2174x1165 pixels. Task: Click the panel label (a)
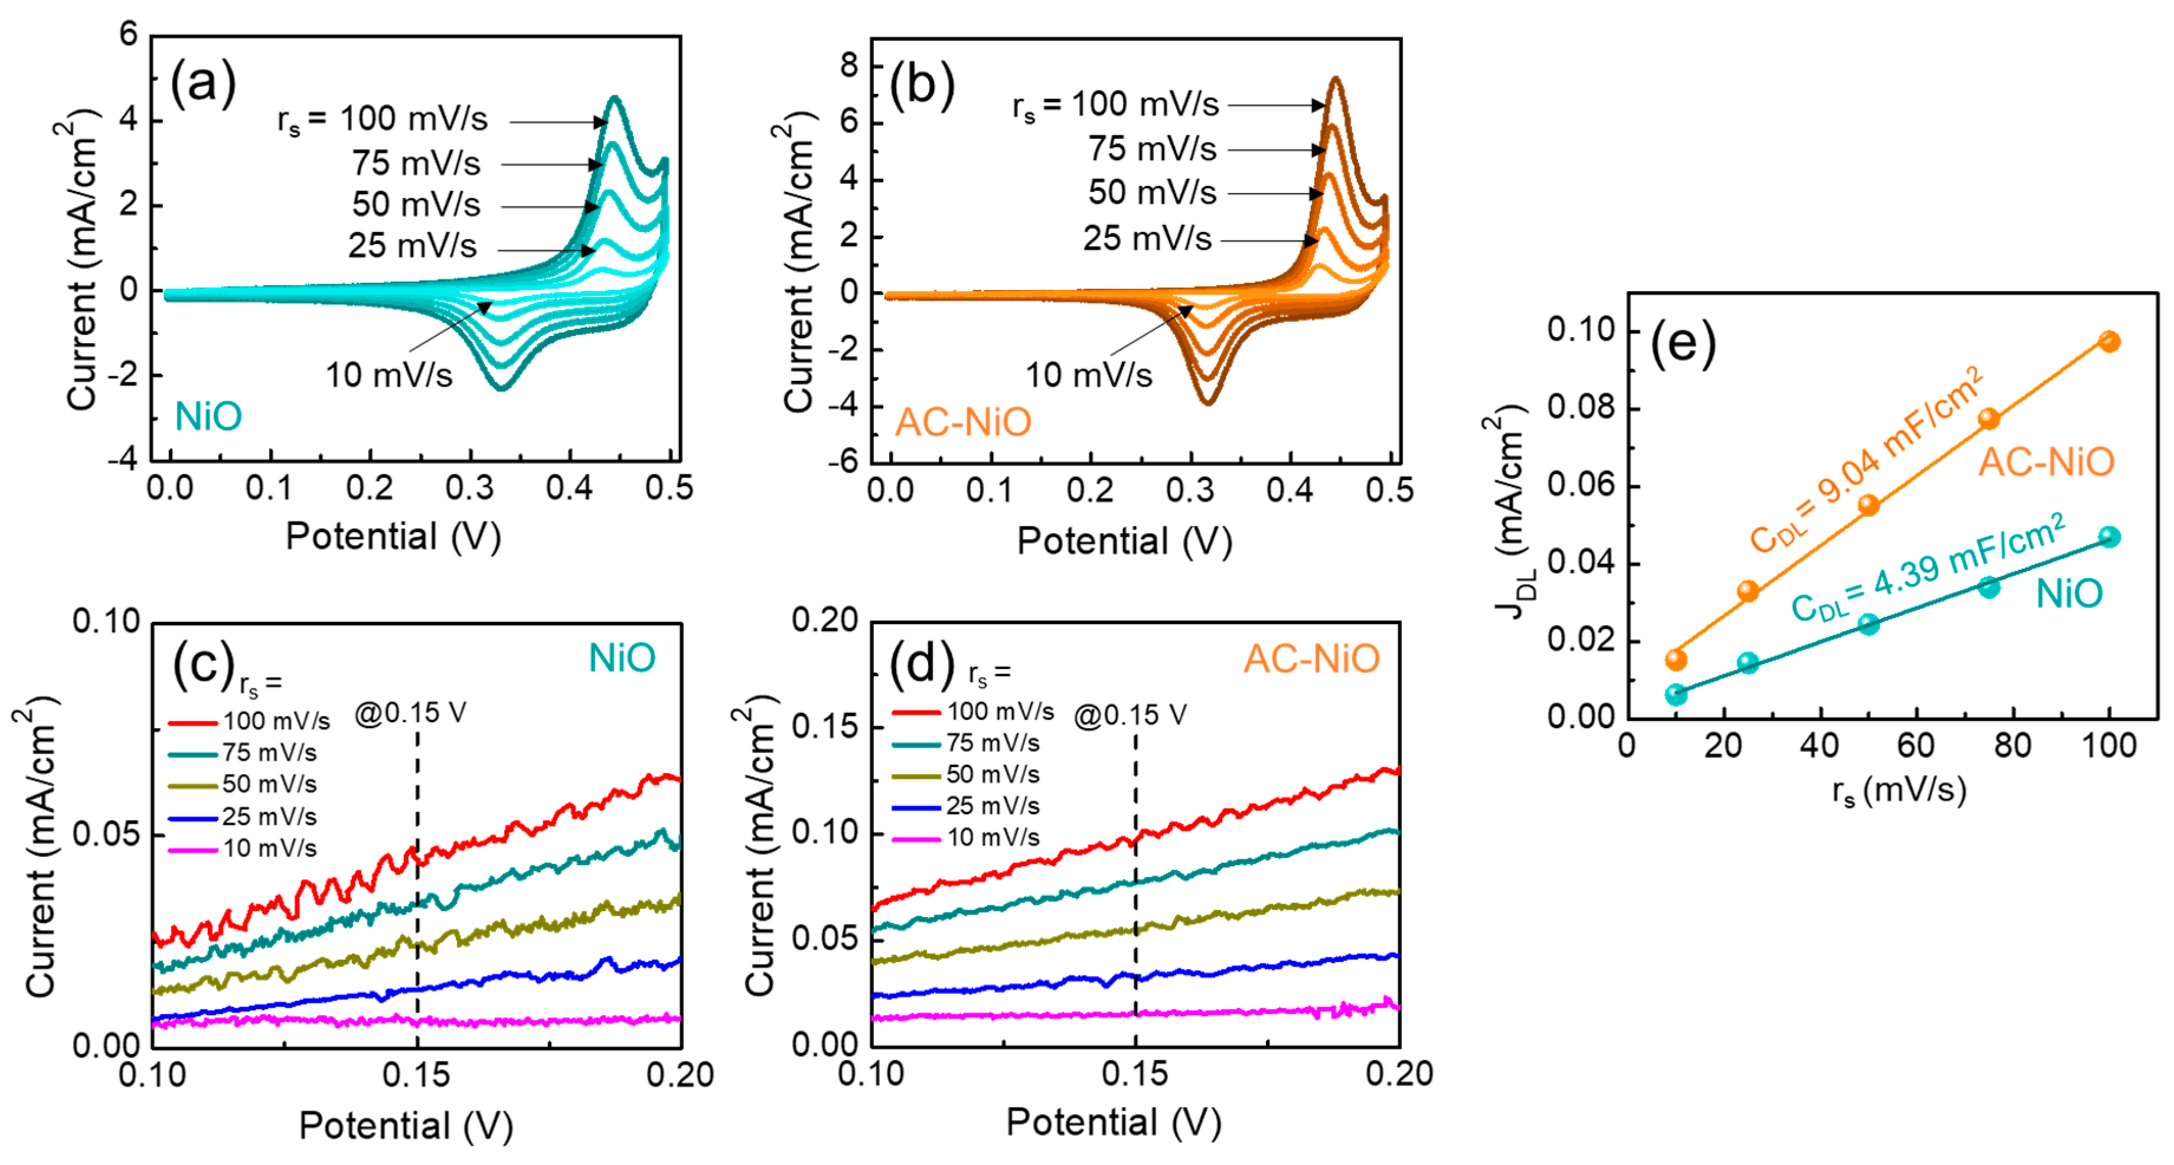click(x=203, y=84)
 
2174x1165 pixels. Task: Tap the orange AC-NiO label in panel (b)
click(x=963, y=422)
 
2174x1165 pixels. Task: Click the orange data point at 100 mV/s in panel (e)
click(x=2109, y=341)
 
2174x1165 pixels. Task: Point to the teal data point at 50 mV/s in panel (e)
click(x=1869, y=625)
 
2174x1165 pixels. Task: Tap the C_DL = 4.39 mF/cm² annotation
click(x=1928, y=568)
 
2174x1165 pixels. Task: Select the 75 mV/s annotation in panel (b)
click(x=1152, y=149)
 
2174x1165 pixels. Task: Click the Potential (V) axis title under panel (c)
click(x=406, y=1125)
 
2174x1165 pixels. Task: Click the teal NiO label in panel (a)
click(x=208, y=416)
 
